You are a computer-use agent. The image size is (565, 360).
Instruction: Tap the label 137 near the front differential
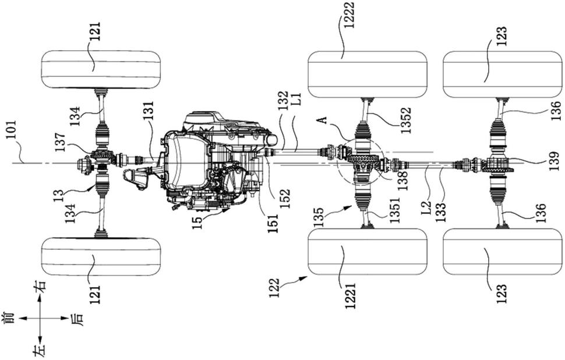[x=60, y=143]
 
